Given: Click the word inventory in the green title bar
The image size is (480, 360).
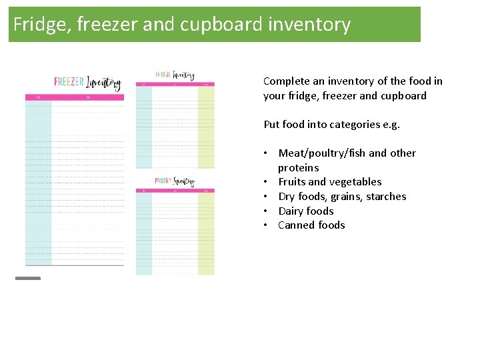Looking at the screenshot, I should pos(309,25).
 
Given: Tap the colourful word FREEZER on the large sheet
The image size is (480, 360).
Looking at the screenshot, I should pos(69,82).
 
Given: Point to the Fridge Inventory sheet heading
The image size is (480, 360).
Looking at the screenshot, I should pos(175,75).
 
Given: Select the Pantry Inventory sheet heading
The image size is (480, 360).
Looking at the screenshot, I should pos(175,181).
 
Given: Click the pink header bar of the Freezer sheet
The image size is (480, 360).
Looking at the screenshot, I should pos(75,97).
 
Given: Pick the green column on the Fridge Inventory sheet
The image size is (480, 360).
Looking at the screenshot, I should pos(206,127).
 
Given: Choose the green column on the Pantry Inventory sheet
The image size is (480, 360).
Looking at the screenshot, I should pos(206,233).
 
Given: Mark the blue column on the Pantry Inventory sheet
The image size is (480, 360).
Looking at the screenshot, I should pos(144,233).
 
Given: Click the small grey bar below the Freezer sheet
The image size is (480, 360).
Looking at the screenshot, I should pos(28,278).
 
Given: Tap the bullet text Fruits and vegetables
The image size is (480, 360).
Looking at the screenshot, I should pos(330,182).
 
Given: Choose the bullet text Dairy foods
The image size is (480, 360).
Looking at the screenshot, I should pos(306,211).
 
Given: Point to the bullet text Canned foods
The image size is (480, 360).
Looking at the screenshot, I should pos(311,225).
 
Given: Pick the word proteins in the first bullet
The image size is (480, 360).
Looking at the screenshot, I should pos(299,168).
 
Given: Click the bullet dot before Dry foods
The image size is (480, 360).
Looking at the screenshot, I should pos(265,197).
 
